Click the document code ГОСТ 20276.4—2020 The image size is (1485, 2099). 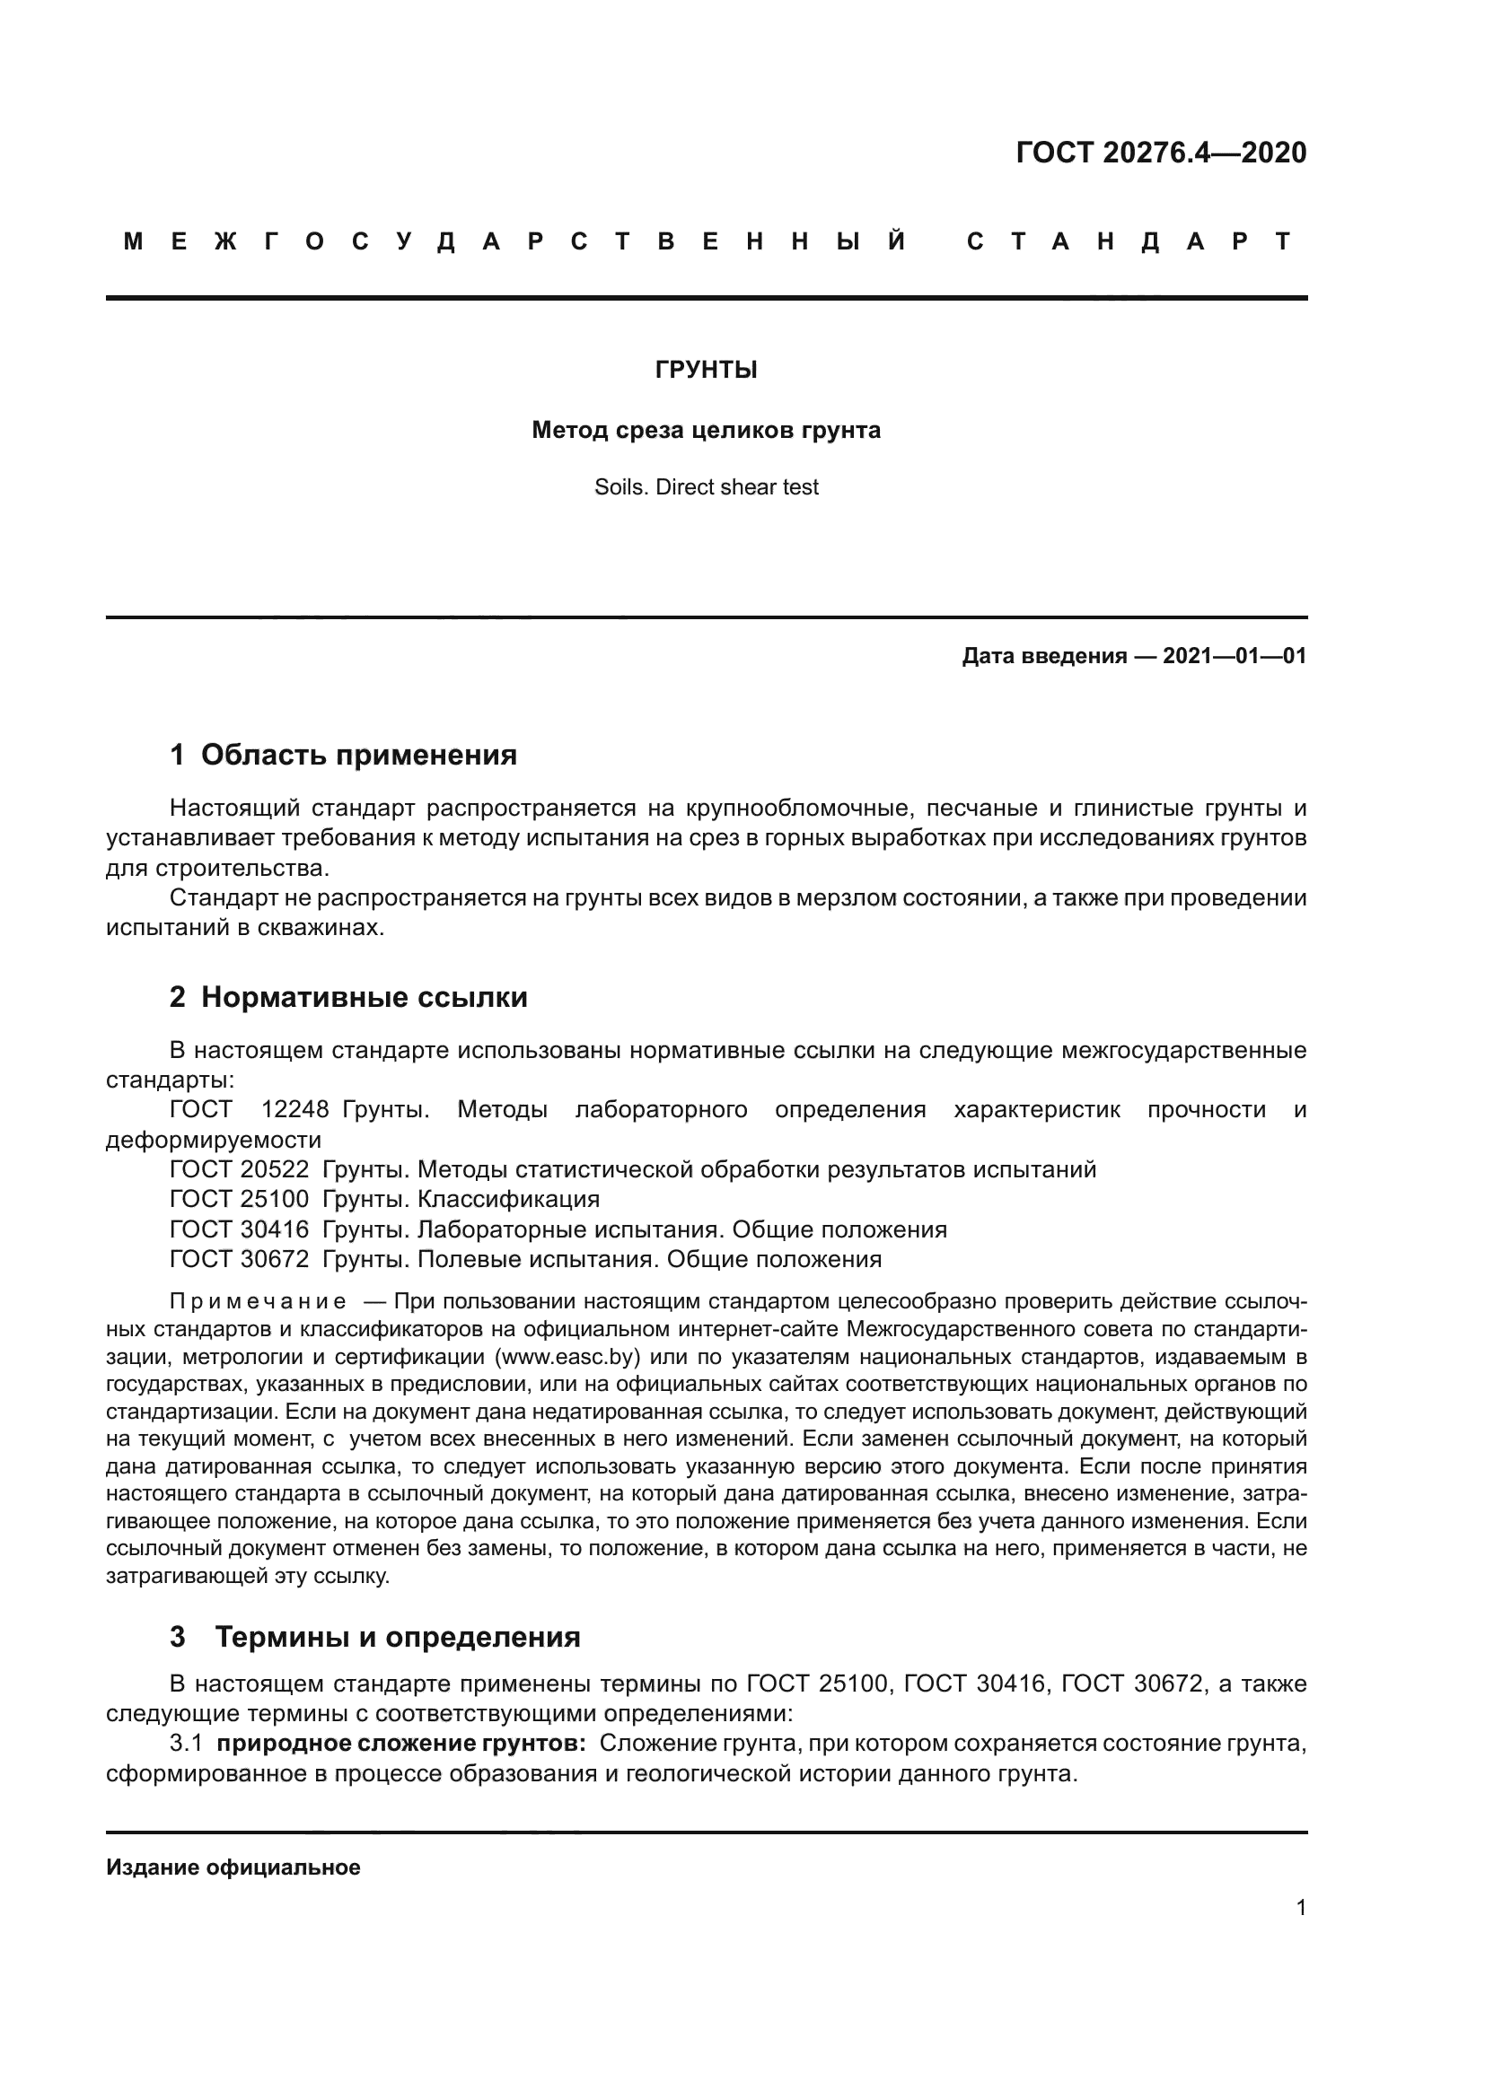coord(1160,153)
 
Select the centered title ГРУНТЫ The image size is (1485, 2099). coord(706,371)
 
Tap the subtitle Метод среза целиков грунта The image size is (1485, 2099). coord(706,430)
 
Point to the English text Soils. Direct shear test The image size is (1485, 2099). coord(706,487)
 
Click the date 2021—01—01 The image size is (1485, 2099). coord(1235,655)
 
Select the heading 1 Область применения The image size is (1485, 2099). coord(343,755)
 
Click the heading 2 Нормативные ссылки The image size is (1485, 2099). coord(348,997)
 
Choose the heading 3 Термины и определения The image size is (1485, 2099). coord(375,1637)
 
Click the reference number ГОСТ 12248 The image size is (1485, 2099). coord(249,1110)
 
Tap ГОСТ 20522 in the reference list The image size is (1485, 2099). coord(240,1169)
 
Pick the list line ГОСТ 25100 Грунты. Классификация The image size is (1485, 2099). coord(384,1199)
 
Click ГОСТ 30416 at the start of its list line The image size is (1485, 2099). coord(240,1229)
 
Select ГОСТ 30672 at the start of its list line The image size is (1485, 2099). coord(240,1259)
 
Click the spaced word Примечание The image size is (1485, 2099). coord(258,1302)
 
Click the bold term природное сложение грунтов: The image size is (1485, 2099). coord(400,1744)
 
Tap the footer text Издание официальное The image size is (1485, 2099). coord(233,1867)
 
